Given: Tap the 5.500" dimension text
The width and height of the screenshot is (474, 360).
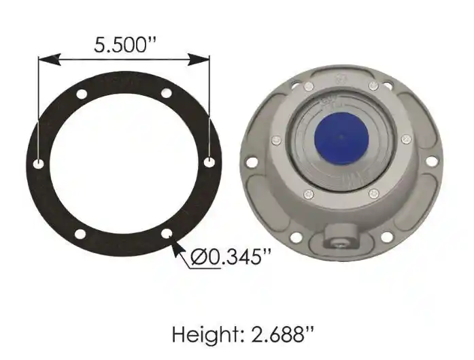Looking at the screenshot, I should coord(124,45).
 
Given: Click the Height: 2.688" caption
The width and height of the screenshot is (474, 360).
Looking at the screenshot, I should coord(243,334).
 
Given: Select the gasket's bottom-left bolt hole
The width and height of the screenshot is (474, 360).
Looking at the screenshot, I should coord(80,234).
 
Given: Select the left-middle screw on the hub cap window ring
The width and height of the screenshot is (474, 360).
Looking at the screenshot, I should coord(276,141).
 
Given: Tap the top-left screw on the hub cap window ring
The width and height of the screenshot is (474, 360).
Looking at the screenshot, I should coord(308,86).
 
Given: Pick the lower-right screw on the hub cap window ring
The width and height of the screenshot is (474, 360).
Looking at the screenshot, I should coord(373,194).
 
